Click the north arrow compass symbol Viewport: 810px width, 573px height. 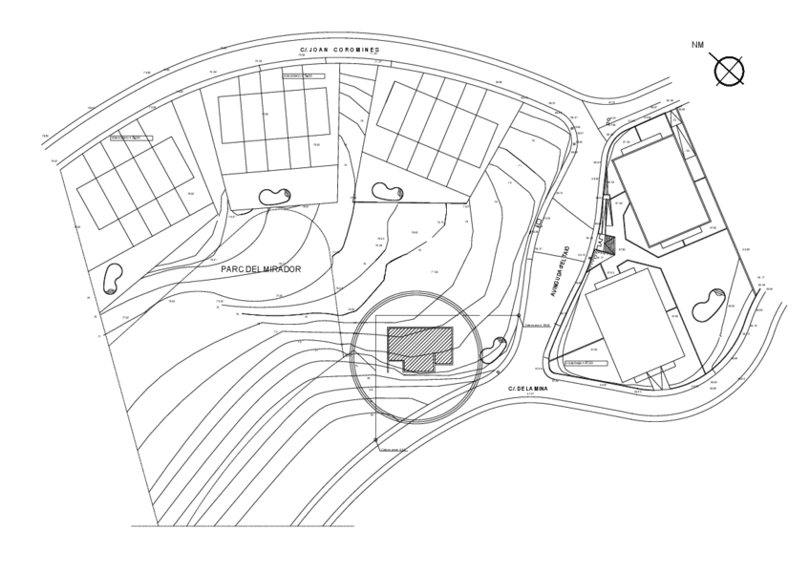point(729,70)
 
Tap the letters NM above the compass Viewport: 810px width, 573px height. point(699,44)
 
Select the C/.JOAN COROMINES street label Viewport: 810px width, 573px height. point(340,50)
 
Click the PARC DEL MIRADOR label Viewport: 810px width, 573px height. point(261,269)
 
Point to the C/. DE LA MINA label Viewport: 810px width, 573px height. point(527,389)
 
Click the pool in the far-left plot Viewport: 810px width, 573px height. point(112,279)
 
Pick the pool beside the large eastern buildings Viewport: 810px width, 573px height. point(711,305)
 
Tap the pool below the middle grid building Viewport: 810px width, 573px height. point(272,196)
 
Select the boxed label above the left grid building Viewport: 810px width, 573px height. point(131,138)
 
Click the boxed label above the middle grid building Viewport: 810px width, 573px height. point(303,74)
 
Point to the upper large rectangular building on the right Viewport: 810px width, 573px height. point(661,189)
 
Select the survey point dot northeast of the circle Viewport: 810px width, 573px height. point(519,316)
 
